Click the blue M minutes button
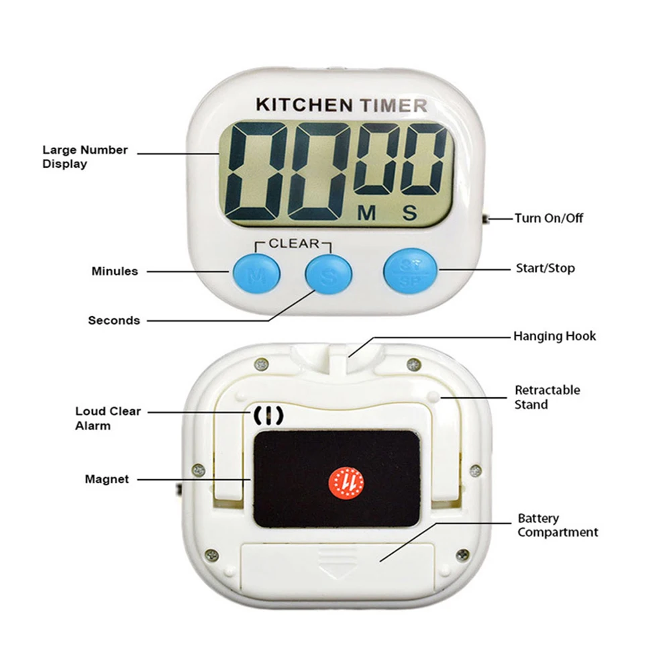pyautogui.click(x=257, y=274)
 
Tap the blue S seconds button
pyautogui.click(x=328, y=274)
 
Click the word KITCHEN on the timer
pyautogui.click(x=304, y=105)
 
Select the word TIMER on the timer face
pyautogui.click(x=393, y=105)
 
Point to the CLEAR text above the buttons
pyautogui.click(x=294, y=244)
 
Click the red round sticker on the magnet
pyautogui.click(x=346, y=483)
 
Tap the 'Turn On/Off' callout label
pyautogui.click(x=549, y=218)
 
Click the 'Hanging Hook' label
pyautogui.click(x=555, y=336)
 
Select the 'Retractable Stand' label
pyautogui.click(x=548, y=397)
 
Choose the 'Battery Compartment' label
pyautogui.click(x=558, y=525)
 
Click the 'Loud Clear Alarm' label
pyautogui.click(x=108, y=418)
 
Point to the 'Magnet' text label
pyautogui.click(x=107, y=479)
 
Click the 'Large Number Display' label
pyautogui.click(x=85, y=156)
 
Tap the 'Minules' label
pyautogui.click(x=115, y=271)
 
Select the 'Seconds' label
pyautogui.click(x=114, y=320)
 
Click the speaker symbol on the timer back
pyautogui.click(x=268, y=415)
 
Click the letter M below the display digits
pyautogui.click(x=367, y=212)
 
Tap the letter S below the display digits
pyautogui.click(x=409, y=212)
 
